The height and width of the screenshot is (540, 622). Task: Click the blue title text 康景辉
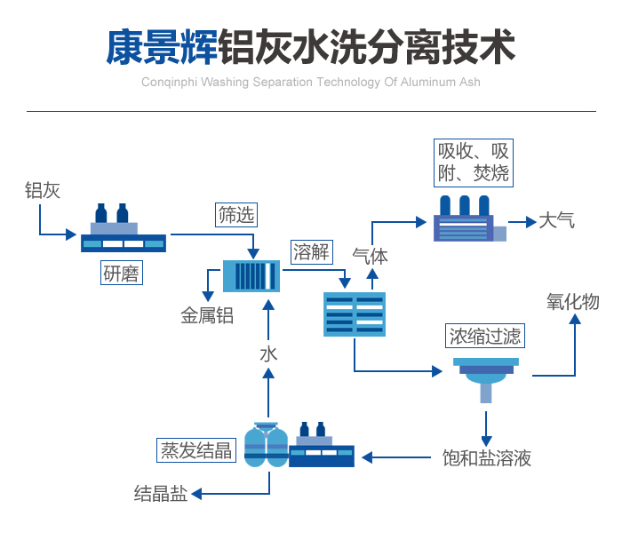click(161, 46)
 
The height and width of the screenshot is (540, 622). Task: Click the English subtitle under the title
click(310, 83)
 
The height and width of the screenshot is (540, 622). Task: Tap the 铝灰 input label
click(42, 190)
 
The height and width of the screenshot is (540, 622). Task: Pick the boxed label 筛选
click(236, 214)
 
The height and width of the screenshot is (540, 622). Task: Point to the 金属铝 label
click(207, 315)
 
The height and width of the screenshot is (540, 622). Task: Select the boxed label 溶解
click(310, 251)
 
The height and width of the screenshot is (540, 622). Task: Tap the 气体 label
click(371, 257)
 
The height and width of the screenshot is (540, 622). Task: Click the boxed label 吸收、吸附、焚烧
click(474, 162)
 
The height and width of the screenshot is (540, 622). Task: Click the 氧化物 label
click(572, 302)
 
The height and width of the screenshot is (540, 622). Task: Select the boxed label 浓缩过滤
click(484, 336)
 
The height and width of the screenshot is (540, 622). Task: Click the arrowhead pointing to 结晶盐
click(197, 494)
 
